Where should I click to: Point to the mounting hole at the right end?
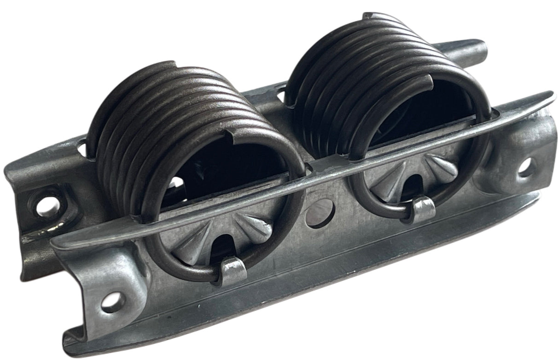[525, 167]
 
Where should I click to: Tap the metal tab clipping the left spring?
[232, 270]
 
